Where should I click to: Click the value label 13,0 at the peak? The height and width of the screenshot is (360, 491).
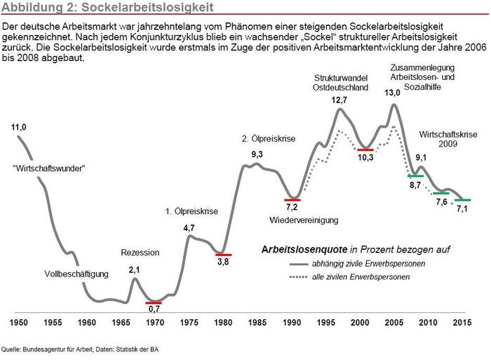pyautogui.click(x=393, y=93)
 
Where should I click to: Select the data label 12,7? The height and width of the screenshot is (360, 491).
pyautogui.click(x=339, y=100)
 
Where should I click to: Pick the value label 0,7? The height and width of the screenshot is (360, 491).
pyautogui.click(x=154, y=309)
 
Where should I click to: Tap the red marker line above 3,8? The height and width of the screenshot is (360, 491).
pyautogui.click(x=224, y=254)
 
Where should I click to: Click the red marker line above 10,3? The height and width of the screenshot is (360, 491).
pyautogui.click(x=365, y=149)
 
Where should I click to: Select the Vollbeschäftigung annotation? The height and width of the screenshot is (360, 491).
pyautogui.click(x=76, y=274)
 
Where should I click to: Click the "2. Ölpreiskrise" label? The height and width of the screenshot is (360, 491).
pyautogui.click(x=267, y=138)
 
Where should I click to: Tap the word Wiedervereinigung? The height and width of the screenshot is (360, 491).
pyautogui.click(x=304, y=220)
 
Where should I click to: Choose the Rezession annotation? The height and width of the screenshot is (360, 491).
pyautogui.click(x=140, y=253)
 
